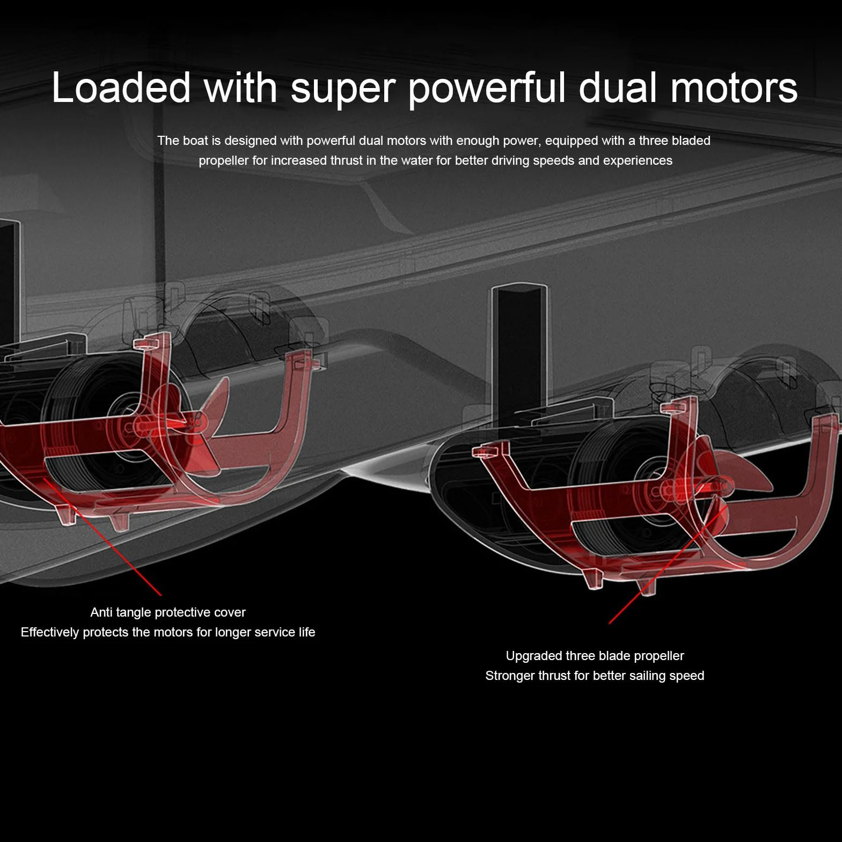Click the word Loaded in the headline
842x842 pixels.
click(121, 87)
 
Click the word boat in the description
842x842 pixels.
click(195, 141)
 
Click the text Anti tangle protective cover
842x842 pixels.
click(168, 612)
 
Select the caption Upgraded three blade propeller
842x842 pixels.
click(595, 656)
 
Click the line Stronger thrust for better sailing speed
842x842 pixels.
click(595, 676)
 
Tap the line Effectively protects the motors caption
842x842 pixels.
click(167, 632)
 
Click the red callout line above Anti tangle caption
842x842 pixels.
click(102, 536)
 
